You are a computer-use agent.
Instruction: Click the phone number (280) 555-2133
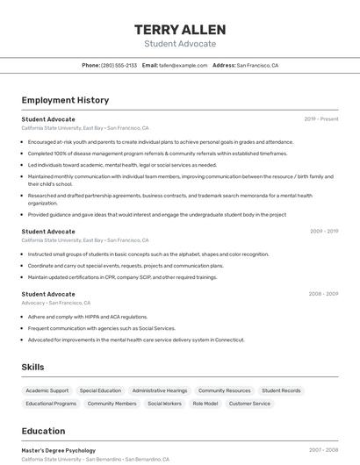coord(119,65)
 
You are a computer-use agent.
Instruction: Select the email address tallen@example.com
coord(176,65)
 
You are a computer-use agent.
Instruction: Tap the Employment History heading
coord(65,100)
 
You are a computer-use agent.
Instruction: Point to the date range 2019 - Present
coord(321,119)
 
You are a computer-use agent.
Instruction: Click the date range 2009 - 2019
coord(324,232)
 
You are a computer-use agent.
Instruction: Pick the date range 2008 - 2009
coord(323,295)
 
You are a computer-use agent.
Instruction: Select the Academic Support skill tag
coord(47,390)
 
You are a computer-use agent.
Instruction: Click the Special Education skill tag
coord(100,390)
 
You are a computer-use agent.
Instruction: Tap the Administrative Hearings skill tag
coord(160,390)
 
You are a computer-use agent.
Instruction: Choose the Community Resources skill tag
coord(225,390)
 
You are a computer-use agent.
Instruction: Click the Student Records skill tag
coord(281,390)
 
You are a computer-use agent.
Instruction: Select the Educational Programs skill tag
coord(51,404)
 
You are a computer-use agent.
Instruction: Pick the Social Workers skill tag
coord(164,404)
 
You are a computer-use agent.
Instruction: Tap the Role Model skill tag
coord(205,404)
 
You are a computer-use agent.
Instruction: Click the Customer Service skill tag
coord(250,404)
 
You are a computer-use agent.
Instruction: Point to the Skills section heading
coord(32,367)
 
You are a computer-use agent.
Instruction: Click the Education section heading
coord(43,431)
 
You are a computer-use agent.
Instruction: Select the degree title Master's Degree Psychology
coord(59,450)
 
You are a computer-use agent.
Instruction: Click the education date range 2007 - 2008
coord(323,450)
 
